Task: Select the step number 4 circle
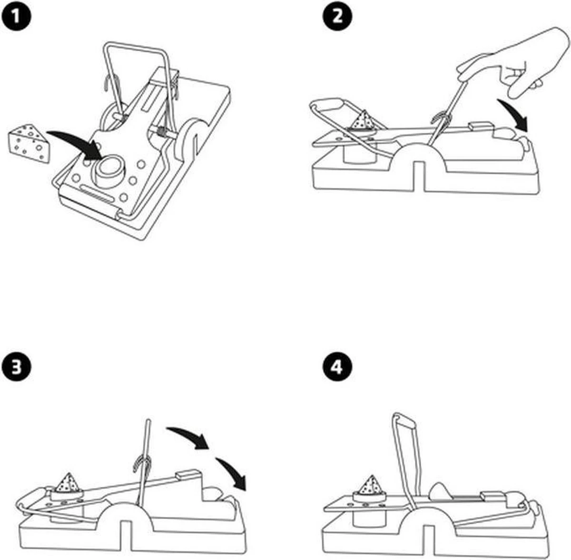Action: [x=337, y=367]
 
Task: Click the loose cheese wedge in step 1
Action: [x=29, y=142]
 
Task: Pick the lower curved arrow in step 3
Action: [x=233, y=473]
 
